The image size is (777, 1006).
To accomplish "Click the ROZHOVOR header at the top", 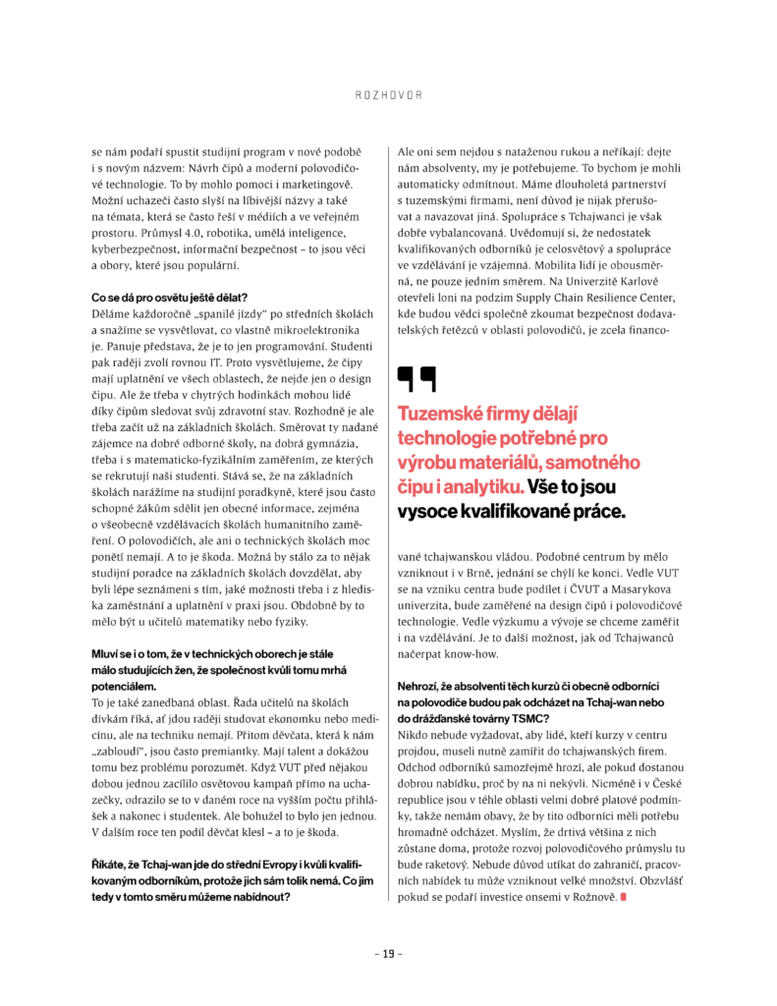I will tap(388, 95).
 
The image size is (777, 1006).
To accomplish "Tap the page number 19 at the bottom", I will tap(388, 953).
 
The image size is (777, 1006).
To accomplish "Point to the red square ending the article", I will tap(622, 896).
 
